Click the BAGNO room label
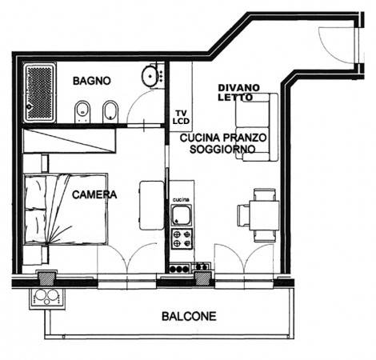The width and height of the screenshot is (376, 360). [x=92, y=81]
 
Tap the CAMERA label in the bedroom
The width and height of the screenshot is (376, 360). [x=94, y=194]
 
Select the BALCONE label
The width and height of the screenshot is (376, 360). [x=189, y=316]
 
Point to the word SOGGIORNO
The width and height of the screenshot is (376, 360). [x=222, y=149]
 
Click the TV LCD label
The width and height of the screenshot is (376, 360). [x=181, y=118]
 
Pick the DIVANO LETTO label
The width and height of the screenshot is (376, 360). [x=238, y=92]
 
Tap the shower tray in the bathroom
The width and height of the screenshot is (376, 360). [x=39, y=93]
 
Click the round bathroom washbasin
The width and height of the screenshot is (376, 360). [x=150, y=76]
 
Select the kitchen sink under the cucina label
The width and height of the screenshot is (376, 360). [x=182, y=214]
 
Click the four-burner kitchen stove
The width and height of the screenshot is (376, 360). [x=182, y=239]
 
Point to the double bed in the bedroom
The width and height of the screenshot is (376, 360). [x=66, y=209]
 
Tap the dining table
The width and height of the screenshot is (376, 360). [x=264, y=215]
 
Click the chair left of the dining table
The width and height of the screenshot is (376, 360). [x=243, y=215]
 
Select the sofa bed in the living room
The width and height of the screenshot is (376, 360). [x=257, y=127]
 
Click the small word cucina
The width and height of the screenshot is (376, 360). [x=181, y=199]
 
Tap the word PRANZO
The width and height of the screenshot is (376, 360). [x=245, y=138]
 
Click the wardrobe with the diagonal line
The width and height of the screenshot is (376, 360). [x=70, y=141]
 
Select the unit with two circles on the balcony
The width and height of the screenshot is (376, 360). [x=47, y=298]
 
